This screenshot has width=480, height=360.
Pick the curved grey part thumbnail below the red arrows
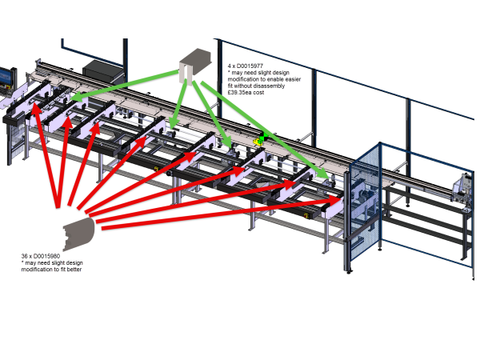[79, 233]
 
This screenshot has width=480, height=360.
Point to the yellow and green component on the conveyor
[258, 139]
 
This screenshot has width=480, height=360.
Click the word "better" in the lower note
[74, 270]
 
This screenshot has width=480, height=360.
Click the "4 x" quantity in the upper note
[231, 66]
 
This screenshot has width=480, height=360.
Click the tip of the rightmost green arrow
[326, 177]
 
